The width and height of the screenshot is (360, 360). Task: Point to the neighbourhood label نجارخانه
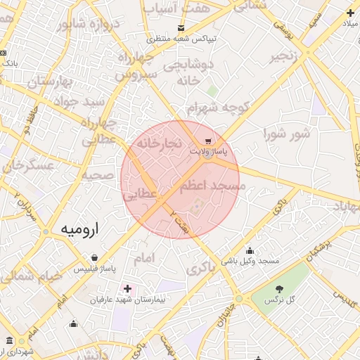159,143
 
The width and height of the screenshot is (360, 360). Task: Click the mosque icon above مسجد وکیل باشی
250,251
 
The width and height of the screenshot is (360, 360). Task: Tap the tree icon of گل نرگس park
279,289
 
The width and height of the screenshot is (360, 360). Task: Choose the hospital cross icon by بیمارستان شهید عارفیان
127,288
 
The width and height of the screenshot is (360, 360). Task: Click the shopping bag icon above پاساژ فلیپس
94,257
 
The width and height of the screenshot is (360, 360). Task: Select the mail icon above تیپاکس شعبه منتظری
182,28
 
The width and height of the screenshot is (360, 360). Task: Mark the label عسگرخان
30,167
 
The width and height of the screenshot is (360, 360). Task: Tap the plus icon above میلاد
350,12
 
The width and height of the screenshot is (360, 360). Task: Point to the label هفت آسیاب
166,8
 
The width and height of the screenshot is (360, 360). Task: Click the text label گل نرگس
279,300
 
